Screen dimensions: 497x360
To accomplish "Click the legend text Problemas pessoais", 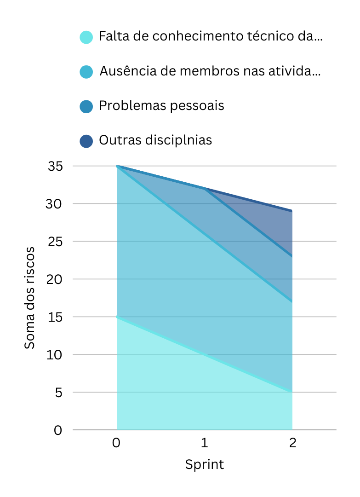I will (x=161, y=106).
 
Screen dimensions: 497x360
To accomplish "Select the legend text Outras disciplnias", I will (x=155, y=140).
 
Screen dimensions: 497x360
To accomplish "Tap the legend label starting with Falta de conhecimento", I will (x=211, y=37).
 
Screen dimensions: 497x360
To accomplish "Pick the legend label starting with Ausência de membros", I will (x=210, y=72).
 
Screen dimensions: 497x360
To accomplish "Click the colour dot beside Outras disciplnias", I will (x=86, y=140).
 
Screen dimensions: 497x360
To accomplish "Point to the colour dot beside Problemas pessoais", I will (x=86, y=106).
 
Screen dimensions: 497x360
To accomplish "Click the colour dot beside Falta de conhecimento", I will (x=86, y=37).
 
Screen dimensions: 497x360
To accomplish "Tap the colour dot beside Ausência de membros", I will (x=86, y=72).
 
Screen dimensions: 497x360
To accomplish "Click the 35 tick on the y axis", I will (x=55, y=166).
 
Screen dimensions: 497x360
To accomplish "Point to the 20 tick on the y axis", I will (x=55, y=279).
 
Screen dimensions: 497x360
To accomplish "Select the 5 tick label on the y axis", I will (x=58, y=393).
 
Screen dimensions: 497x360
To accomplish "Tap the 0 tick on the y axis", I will (x=58, y=430).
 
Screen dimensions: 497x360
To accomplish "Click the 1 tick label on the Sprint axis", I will (x=205, y=443).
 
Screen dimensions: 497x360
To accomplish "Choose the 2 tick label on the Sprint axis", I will (x=292, y=443).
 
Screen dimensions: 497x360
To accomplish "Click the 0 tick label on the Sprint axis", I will (x=117, y=443).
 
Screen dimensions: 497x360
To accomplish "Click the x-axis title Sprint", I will (x=205, y=464).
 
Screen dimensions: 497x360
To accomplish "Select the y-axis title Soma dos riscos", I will (x=30, y=298).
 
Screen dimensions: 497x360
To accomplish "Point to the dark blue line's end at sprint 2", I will (x=291, y=211).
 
